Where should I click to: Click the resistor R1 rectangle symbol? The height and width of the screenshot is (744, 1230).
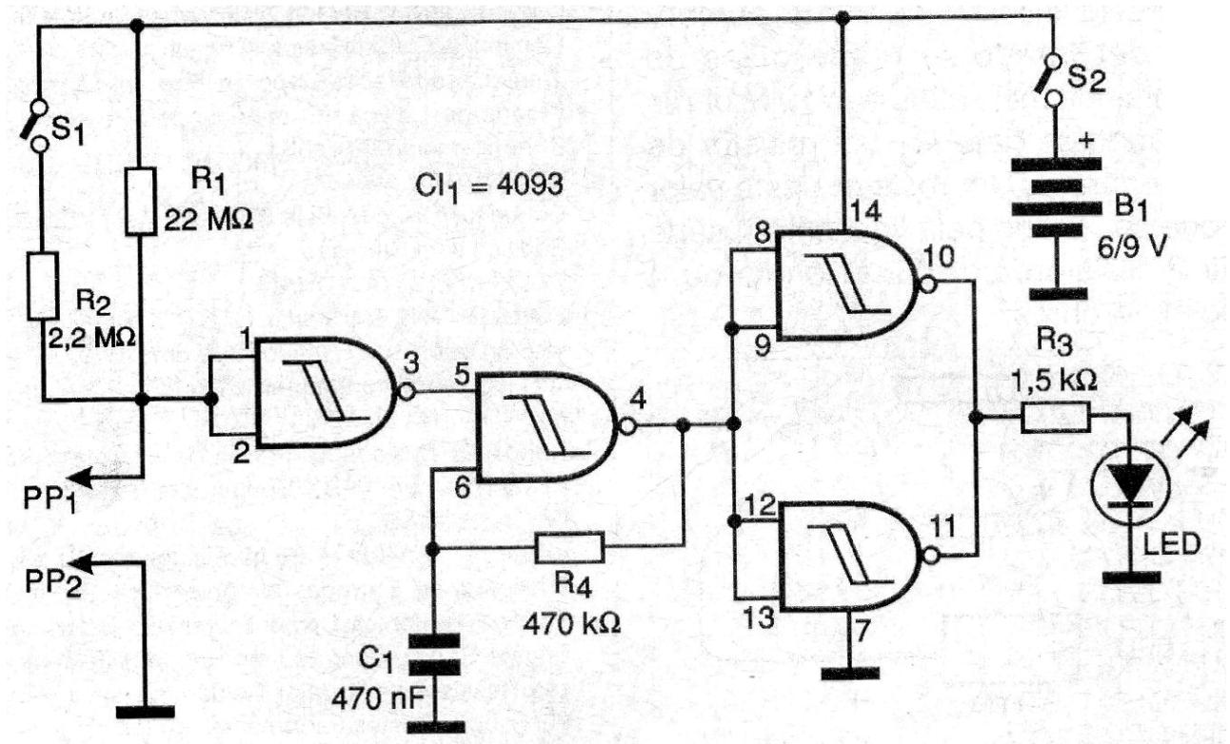pos(141,202)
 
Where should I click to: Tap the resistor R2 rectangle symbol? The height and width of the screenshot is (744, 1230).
pos(43,285)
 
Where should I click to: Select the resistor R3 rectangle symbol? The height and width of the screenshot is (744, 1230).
pos(1056,418)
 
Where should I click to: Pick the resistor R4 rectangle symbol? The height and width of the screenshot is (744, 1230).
pos(570,546)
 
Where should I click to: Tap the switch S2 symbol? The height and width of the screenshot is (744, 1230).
pos(1050,80)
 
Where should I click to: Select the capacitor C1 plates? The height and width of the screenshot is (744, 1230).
pos(434,654)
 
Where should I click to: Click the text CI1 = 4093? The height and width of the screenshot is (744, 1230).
pos(488,186)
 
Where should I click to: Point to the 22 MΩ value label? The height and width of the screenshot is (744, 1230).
pos(208,220)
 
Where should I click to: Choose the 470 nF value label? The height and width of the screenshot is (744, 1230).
pos(378,699)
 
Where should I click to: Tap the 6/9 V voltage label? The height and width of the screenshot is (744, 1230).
pos(1132,248)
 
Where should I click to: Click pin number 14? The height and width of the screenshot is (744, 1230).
pos(865,211)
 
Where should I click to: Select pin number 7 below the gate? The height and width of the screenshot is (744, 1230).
pos(863,631)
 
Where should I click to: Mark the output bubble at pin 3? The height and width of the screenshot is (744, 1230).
pos(406,392)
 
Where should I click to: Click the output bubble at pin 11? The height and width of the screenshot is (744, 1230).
pos(929,556)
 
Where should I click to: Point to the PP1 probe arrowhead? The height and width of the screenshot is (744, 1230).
pos(78,477)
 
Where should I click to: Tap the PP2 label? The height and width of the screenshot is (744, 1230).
pos(52,582)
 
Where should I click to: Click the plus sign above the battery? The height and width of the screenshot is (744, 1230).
pos(1085,141)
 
